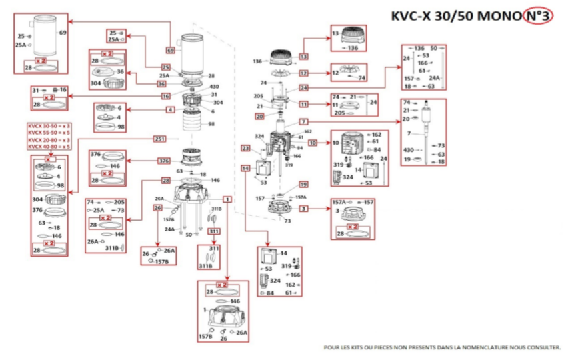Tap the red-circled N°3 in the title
pyautogui.click(x=537, y=17)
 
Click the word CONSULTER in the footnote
pyautogui.click(x=543, y=347)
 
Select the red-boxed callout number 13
pyautogui.click(x=304, y=57)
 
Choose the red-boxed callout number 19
pyautogui.click(x=303, y=184)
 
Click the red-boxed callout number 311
pyautogui.click(x=213, y=231)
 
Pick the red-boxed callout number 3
pyautogui.click(x=303, y=209)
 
